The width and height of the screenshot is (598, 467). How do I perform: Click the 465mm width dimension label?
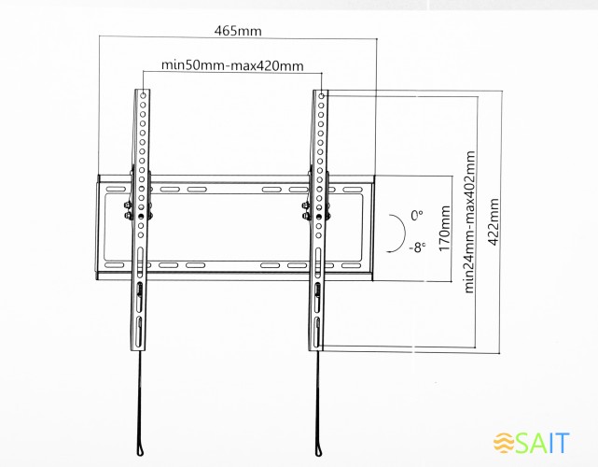point(238,30)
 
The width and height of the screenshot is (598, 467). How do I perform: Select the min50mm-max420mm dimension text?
point(232,64)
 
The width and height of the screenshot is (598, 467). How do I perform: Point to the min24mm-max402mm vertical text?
point(468,221)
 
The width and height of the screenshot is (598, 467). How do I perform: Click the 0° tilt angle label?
point(416,214)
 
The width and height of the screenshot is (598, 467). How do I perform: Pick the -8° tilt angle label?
point(415,248)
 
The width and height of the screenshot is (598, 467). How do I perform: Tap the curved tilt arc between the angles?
point(396,231)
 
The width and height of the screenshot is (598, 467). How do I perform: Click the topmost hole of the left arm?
point(143,95)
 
